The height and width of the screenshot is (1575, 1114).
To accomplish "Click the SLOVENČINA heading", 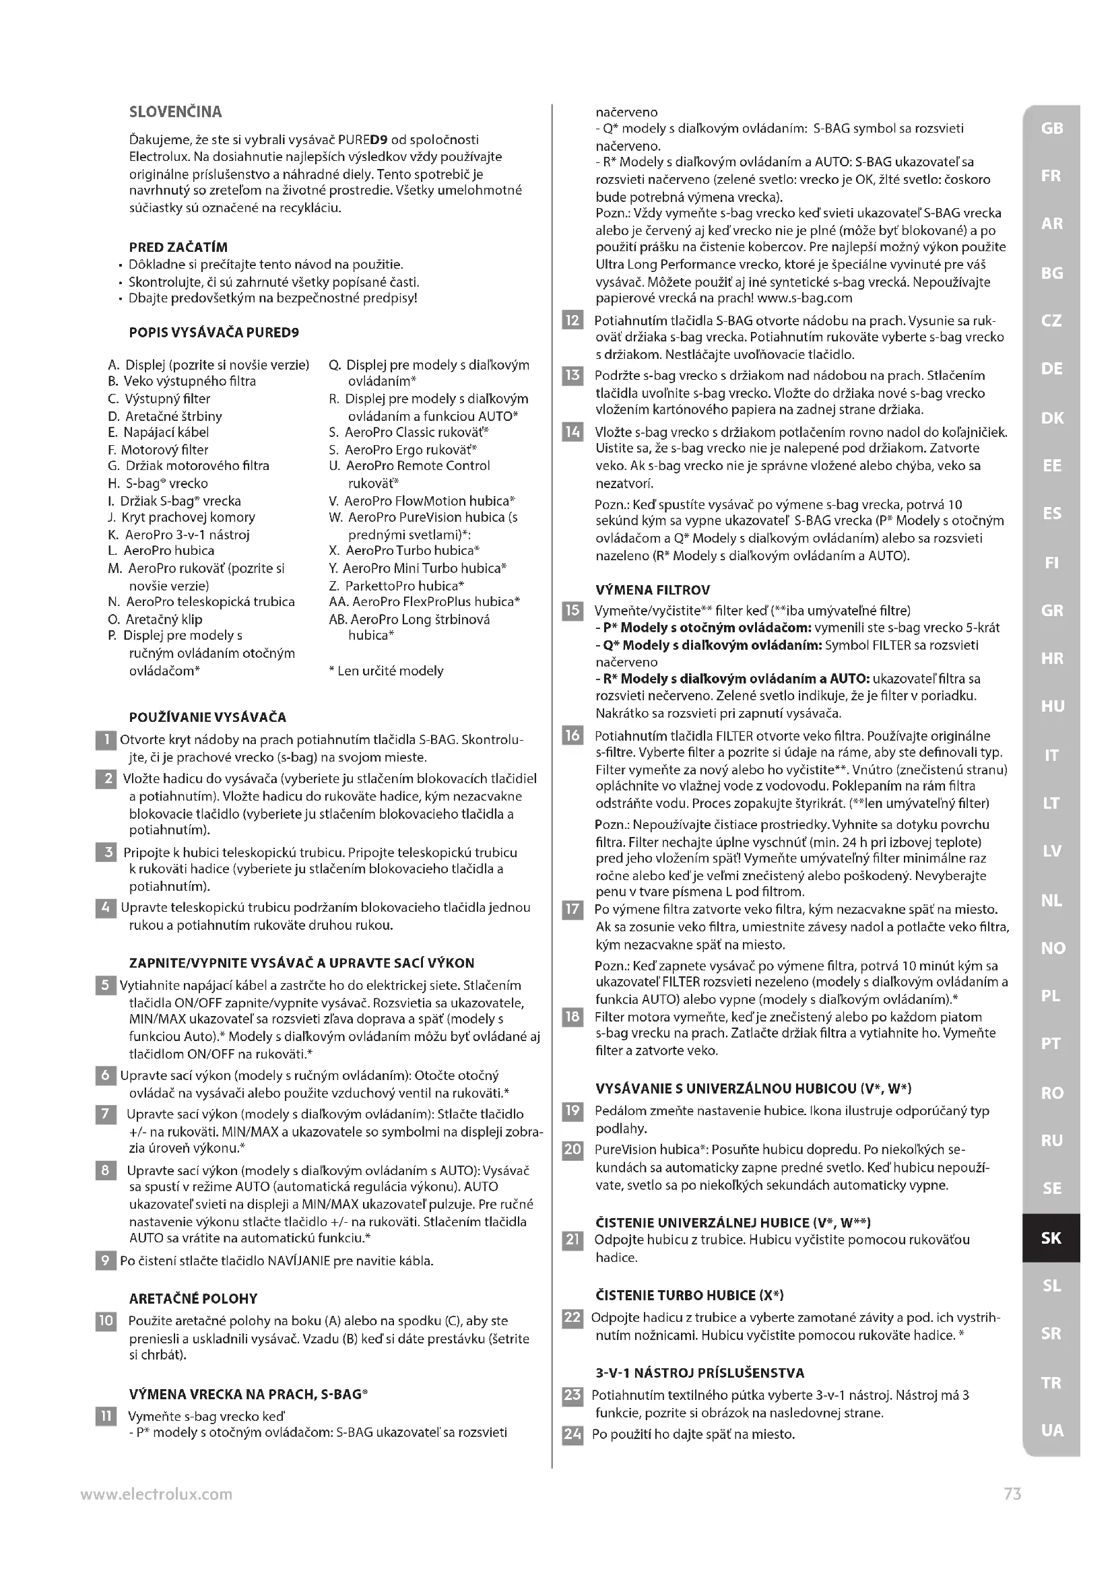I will click(176, 112).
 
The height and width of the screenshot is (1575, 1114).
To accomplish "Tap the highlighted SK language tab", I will click(1051, 1238).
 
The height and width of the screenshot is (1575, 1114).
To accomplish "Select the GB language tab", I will click(1051, 129).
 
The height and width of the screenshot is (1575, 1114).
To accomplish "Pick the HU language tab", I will click(1051, 706).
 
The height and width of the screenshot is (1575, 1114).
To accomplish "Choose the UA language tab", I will click(1051, 1431).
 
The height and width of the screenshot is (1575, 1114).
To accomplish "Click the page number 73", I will click(1012, 1494).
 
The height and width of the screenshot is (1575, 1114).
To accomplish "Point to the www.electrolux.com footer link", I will click(156, 1494).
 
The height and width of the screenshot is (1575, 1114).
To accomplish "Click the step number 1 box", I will click(106, 740).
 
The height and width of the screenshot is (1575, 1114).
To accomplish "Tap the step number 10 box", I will click(106, 1321).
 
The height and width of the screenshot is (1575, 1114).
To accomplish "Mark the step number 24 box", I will click(572, 1434).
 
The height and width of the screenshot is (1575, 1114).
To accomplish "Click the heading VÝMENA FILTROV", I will click(653, 590).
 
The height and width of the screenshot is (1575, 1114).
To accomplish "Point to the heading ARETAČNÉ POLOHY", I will click(193, 1298).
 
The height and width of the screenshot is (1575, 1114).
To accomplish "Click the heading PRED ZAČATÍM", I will click(178, 247).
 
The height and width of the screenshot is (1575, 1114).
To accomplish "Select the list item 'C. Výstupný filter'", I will click(159, 399).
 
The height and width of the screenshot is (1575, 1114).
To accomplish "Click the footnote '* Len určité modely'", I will click(386, 671).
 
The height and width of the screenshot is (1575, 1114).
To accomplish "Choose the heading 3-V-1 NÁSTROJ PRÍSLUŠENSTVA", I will click(700, 1372).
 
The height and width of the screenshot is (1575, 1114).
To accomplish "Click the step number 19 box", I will click(572, 1110).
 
